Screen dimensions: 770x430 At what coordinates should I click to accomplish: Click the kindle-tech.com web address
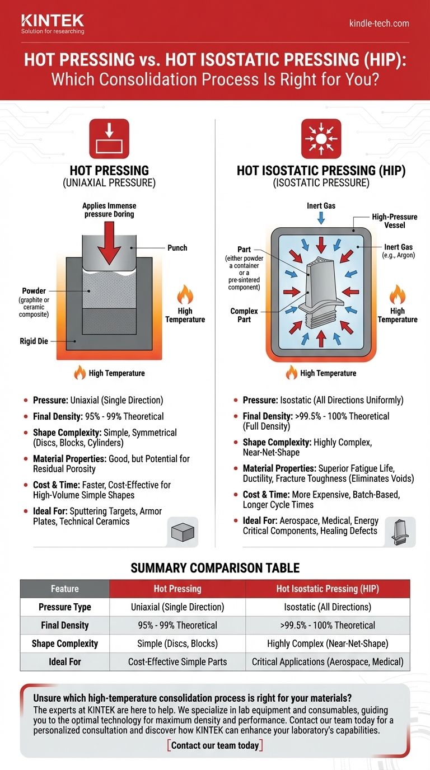pyautogui.click(x=378, y=24)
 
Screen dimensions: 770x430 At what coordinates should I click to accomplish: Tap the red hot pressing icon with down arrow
pyautogui.click(x=109, y=138)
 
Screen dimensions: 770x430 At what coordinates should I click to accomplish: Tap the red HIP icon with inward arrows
pyautogui.click(x=321, y=138)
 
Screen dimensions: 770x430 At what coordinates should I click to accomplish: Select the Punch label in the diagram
pyautogui.click(x=177, y=247)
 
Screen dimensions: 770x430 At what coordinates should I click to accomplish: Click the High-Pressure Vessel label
pyautogui.click(x=394, y=221)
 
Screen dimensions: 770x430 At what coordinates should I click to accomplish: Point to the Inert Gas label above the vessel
pyautogui.click(x=321, y=206)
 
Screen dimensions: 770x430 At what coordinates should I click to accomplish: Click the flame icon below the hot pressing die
pyautogui.click(x=81, y=373)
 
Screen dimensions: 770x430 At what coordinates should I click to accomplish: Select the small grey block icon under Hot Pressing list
pyautogui.click(x=183, y=532)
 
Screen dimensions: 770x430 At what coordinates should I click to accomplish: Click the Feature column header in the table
pyautogui.click(x=64, y=589)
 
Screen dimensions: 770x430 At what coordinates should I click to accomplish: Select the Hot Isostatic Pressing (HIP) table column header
pyautogui.click(x=327, y=589)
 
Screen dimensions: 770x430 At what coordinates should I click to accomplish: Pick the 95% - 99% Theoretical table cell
pyautogui.click(x=177, y=625)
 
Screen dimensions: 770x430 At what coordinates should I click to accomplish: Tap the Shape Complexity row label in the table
pyautogui.click(x=64, y=644)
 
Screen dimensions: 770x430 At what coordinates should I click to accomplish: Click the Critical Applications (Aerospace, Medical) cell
pyautogui.click(x=327, y=661)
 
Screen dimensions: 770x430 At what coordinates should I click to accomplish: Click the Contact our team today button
pyautogui.click(x=215, y=745)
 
